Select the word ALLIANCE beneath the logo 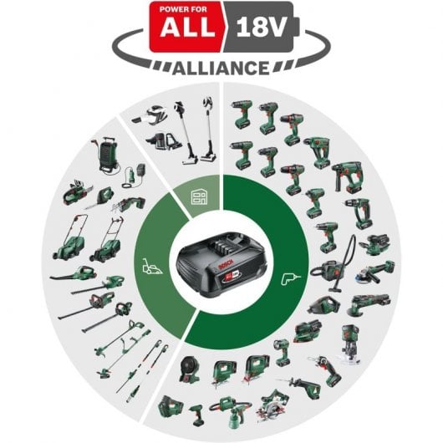(x=221, y=67)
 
